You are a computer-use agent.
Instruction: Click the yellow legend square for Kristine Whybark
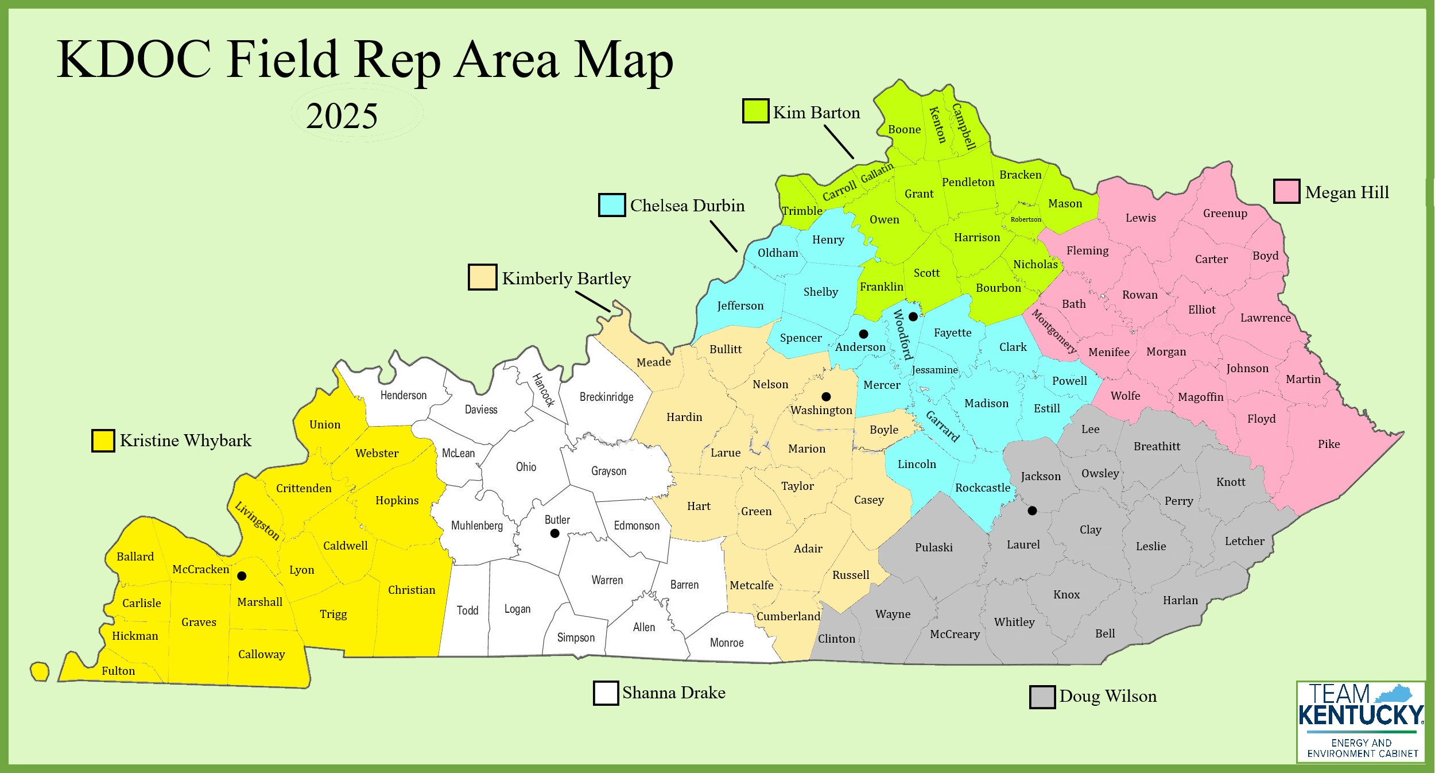click(x=103, y=440)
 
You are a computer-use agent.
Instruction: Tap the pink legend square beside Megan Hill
click(x=1286, y=191)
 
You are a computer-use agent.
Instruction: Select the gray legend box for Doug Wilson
click(x=1042, y=697)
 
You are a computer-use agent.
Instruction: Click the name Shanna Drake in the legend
click(x=673, y=693)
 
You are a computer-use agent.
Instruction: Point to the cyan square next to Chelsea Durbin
click(x=612, y=205)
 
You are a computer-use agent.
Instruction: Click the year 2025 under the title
click(x=342, y=116)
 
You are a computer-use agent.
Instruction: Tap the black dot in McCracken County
click(x=242, y=575)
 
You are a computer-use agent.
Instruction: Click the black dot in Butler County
click(x=554, y=533)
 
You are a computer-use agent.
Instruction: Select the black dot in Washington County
click(x=826, y=396)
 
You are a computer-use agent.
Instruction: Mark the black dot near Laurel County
click(x=1032, y=510)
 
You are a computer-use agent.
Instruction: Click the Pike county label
click(x=1328, y=444)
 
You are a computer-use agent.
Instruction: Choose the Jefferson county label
click(x=740, y=306)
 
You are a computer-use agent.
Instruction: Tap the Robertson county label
click(x=1026, y=219)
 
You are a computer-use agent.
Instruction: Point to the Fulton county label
click(x=118, y=671)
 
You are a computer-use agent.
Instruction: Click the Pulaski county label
click(x=933, y=547)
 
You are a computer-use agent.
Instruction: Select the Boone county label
click(x=904, y=130)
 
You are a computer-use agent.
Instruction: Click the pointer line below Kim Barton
click(x=839, y=142)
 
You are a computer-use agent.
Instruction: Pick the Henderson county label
click(x=404, y=395)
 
